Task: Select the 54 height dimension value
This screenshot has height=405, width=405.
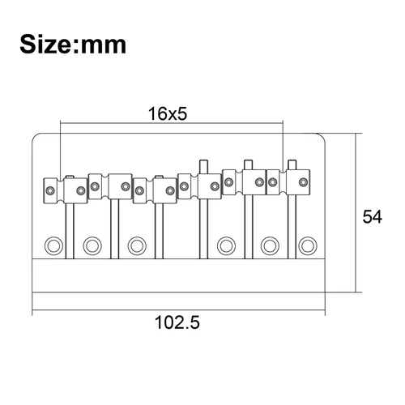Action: tap(372, 217)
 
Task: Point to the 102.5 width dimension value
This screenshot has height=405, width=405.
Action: tap(177, 322)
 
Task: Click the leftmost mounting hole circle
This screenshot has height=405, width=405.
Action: tap(54, 243)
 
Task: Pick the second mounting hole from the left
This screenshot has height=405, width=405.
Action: tap(92, 243)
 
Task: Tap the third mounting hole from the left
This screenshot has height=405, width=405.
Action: tap(136, 243)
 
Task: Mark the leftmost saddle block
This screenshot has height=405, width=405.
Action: tap(65, 190)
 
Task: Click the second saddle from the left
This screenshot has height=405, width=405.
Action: tap(110, 186)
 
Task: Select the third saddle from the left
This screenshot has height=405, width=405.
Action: tap(155, 190)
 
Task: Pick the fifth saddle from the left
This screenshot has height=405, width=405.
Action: tap(244, 182)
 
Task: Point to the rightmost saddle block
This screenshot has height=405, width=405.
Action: tap(288, 183)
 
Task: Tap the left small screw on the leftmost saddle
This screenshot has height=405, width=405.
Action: tap(50, 190)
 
